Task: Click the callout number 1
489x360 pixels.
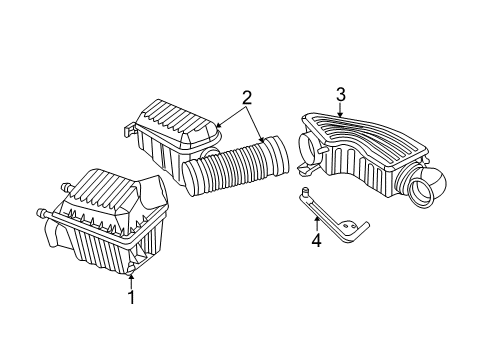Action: (x=129, y=297)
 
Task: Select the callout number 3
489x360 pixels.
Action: (x=340, y=95)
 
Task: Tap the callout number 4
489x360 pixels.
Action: (x=316, y=241)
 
